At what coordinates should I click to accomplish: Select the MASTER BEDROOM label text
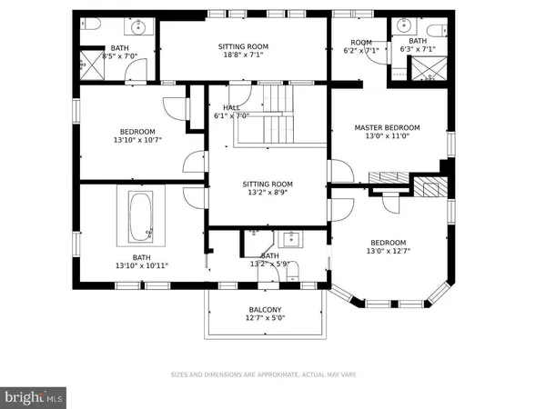pyautogui.click(x=387, y=127)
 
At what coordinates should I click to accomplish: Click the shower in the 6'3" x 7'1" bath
pyautogui.click(x=424, y=69)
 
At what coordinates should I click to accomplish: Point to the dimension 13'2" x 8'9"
pyautogui.click(x=268, y=193)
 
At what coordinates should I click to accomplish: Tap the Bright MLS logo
pyautogui.click(x=34, y=396)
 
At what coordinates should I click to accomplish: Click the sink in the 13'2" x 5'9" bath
pyautogui.click(x=290, y=239)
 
